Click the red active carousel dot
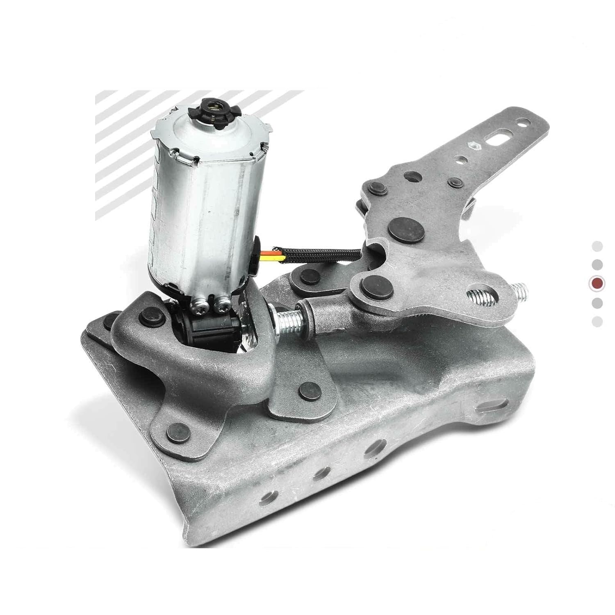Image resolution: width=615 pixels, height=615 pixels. click(597, 283)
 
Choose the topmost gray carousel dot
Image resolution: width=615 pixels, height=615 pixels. click(597, 246)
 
